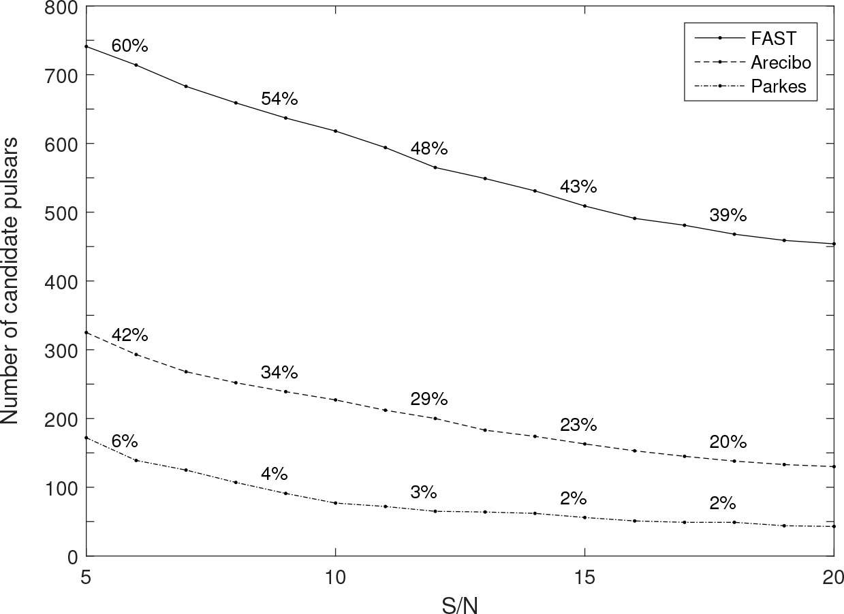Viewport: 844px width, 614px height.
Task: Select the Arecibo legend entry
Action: tap(781, 63)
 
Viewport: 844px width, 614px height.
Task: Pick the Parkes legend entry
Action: tap(777, 86)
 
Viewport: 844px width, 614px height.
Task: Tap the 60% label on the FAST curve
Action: tap(129, 46)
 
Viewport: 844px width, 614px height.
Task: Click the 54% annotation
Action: tap(279, 99)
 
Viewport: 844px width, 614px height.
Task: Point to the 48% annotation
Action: tap(428, 149)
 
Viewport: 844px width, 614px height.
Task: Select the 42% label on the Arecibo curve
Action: tap(129, 336)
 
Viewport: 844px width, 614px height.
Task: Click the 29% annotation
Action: tap(428, 399)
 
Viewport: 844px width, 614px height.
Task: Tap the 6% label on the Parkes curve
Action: tap(125, 442)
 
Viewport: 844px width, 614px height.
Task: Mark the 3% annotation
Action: tap(423, 493)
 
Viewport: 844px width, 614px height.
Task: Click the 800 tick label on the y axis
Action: tap(62, 8)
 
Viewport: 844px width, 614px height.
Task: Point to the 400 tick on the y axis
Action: tap(62, 281)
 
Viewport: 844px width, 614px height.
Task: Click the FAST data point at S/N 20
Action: tap(834, 244)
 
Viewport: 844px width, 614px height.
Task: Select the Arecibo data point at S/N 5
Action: tap(87, 332)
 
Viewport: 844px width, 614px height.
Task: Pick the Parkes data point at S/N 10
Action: tap(335, 503)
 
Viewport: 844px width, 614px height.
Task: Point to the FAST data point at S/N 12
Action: tap(435, 167)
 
